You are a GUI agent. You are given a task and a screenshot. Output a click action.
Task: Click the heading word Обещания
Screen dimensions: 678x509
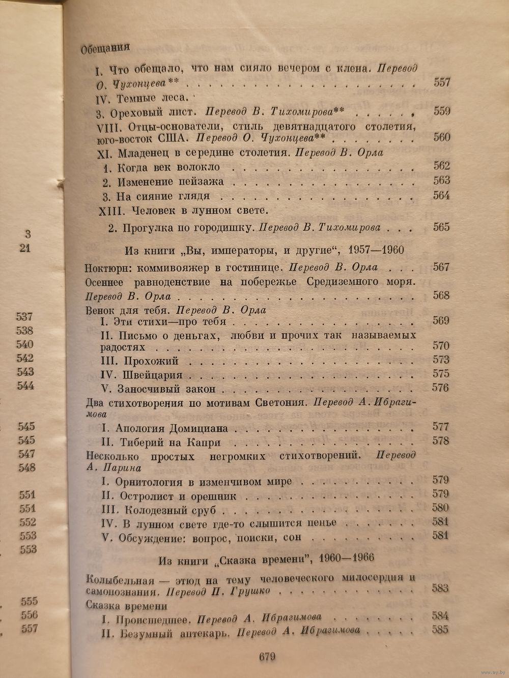pyautogui.click(x=105, y=49)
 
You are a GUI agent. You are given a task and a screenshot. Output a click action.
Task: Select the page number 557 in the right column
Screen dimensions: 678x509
pyautogui.click(x=441, y=82)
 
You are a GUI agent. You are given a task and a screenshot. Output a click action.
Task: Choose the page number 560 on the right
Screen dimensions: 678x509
pyautogui.click(x=441, y=137)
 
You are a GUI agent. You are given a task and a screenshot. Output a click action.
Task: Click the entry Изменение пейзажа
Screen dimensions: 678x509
pyautogui.click(x=171, y=182)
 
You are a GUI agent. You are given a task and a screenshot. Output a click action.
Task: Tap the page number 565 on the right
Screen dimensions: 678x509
pyautogui.click(x=441, y=227)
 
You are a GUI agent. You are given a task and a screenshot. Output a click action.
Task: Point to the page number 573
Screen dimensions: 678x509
pyautogui.click(x=441, y=360)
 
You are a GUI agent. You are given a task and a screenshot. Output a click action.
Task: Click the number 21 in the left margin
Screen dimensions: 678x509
pyautogui.click(x=25, y=248)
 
